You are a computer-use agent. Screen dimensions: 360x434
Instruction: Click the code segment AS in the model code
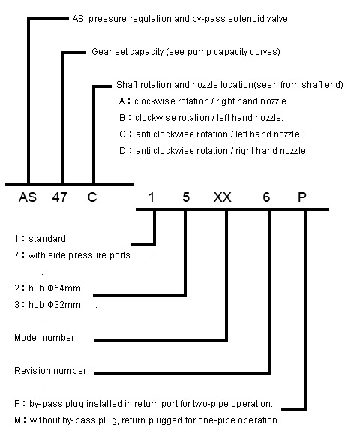(28, 197)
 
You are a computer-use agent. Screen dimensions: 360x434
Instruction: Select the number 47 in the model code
(60, 197)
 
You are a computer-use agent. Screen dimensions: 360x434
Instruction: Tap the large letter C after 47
(92, 197)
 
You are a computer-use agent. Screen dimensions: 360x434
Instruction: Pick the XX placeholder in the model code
(223, 197)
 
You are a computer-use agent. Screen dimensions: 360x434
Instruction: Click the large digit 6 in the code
(266, 197)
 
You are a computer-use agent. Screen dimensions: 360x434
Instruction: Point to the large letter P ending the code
(302, 197)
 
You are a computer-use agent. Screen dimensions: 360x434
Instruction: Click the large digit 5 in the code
(186, 197)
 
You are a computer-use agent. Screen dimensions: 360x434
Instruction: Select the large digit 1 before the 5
(151, 197)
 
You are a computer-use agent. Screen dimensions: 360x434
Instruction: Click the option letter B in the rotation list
(122, 118)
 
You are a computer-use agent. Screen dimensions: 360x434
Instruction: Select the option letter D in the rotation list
(122, 151)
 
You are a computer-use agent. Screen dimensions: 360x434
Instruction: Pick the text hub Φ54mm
(55, 288)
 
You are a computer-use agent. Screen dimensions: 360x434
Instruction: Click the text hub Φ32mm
(55, 305)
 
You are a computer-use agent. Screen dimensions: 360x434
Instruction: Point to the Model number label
(44, 338)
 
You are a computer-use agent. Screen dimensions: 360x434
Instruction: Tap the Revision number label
(50, 371)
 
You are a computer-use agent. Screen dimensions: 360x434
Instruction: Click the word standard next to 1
(47, 239)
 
